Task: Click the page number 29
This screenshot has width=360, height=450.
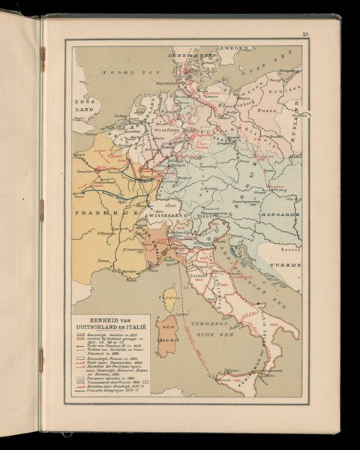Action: pos(305,34)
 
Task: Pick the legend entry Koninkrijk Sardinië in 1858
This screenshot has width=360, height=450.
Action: pos(109,335)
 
